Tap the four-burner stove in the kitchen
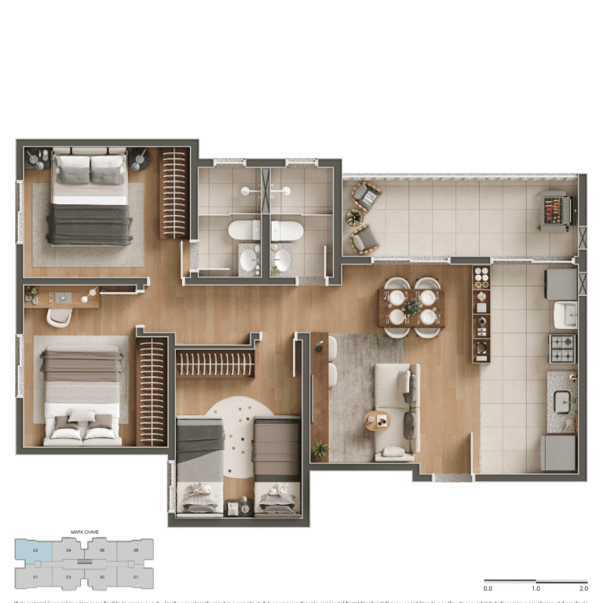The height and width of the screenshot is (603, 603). click(561, 348)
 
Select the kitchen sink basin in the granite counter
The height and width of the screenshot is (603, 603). click(562, 401)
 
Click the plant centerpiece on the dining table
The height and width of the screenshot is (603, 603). click(411, 307)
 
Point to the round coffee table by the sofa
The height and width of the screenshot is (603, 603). click(377, 421)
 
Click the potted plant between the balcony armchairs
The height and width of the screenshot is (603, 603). click(354, 217)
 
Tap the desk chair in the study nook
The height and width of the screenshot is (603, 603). click(60, 316)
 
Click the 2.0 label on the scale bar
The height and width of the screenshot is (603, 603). click(583, 588)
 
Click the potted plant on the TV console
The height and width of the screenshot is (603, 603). click(320, 450)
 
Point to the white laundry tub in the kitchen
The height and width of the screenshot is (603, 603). click(565, 314)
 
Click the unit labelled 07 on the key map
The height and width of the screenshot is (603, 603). click(136, 577)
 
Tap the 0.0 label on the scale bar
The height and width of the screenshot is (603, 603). click(488, 588)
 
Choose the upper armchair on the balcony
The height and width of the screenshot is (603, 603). click(366, 192)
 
